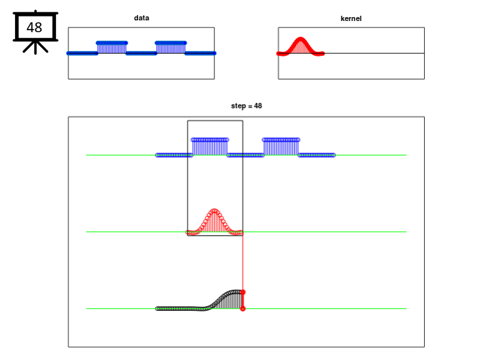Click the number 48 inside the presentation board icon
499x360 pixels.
click(34, 28)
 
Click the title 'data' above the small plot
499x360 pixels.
click(141, 18)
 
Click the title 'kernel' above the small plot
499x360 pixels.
click(351, 18)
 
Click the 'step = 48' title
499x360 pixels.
click(247, 106)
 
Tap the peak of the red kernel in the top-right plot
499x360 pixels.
click(300, 39)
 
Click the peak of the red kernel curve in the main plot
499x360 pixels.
click(214, 210)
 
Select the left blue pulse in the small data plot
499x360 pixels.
click(112, 47)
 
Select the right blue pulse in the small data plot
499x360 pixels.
click(171, 47)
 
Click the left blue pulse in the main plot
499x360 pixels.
click(210, 146)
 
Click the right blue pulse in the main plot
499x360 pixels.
click(281, 146)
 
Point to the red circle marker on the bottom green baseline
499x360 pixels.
click(243, 309)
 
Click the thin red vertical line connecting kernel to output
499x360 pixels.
click(243, 262)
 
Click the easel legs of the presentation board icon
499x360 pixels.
click(36, 47)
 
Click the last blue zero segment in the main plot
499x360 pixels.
click(317, 155)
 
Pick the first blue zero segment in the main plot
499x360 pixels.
click(174, 155)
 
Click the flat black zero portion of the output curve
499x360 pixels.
click(180, 309)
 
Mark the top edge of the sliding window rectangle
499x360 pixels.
click(215, 120)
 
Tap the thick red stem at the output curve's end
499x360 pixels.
click(243, 300)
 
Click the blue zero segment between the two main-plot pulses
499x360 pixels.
click(245, 155)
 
